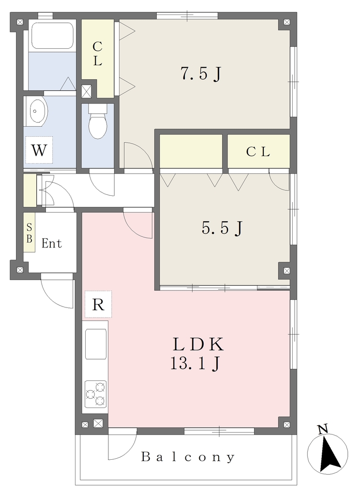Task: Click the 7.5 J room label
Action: click(x=200, y=74)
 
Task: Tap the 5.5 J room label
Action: click(x=222, y=228)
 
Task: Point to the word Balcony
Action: click(x=188, y=457)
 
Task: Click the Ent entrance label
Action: click(x=51, y=244)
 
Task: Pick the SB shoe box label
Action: click(x=29, y=233)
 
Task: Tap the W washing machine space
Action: click(x=39, y=150)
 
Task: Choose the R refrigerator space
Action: click(x=98, y=305)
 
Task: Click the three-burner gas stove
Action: click(x=95, y=393)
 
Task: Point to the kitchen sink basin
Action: click(x=95, y=344)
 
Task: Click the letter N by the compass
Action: click(x=322, y=429)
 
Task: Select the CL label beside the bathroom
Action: click(x=97, y=54)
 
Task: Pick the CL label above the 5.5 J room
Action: click(x=258, y=152)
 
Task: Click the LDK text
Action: click(x=198, y=344)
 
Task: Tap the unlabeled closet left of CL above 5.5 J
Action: click(x=191, y=151)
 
